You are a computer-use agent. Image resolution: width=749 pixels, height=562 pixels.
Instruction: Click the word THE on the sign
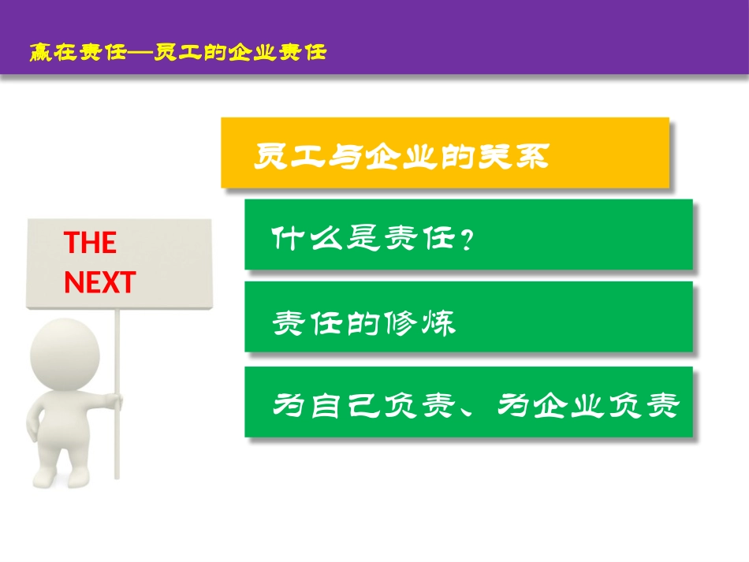pos(90,243)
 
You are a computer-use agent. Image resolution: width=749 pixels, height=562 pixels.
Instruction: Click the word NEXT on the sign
pos(99,282)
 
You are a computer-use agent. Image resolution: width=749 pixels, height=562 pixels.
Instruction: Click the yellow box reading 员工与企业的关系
pos(445,153)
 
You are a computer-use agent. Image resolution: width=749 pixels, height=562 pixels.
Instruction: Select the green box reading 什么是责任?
pos(468,234)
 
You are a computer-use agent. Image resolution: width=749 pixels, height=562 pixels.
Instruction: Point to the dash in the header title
pos(141,54)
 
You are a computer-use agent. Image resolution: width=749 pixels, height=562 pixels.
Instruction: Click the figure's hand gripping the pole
pos(116,401)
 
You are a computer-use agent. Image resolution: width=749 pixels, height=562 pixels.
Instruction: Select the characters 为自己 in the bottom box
pos(322,406)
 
